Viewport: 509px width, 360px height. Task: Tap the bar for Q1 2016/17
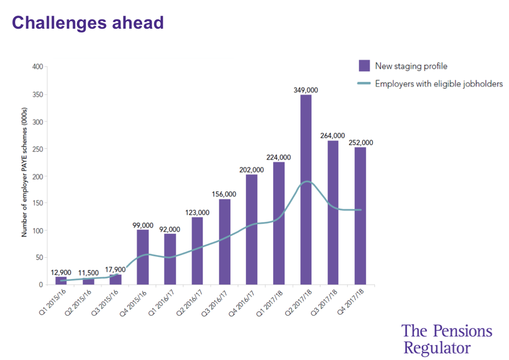click(x=170, y=259)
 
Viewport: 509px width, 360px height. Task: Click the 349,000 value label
click(x=306, y=90)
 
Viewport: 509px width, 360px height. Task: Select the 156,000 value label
click(x=224, y=194)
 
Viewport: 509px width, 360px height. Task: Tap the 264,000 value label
click(x=333, y=135)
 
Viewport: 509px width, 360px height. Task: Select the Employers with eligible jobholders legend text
click(x=439, y=84)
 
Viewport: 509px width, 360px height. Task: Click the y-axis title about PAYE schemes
click(x=24, y=176)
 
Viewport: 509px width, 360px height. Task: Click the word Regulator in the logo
click(x=437, y=347)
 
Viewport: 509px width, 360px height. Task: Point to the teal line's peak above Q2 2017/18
click(x=307, y=181)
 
